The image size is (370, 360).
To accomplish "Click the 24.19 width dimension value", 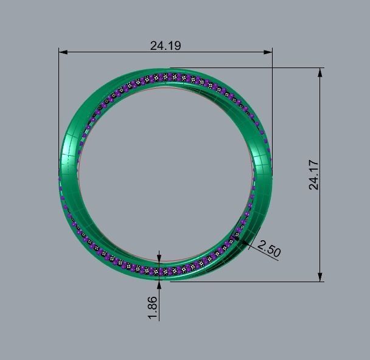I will click(x=166, y=45).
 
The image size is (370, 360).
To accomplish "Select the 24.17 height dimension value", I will click(x=313, y=175).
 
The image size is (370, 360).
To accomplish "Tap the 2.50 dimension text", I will click(x=270, y=248).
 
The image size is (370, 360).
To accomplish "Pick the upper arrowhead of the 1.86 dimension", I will click(x=159, y=260).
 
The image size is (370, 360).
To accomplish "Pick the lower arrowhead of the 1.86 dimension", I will click(x=159, y=278).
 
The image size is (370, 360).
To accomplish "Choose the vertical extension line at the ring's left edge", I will click(x=59, y=103).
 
